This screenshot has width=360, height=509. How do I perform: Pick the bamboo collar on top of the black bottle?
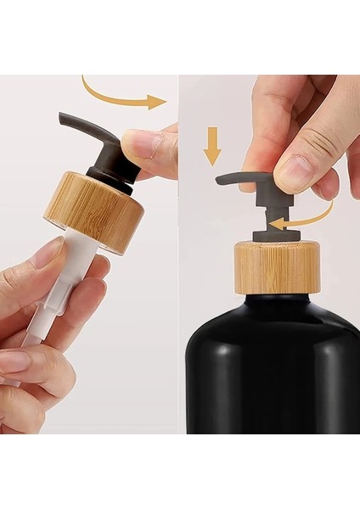tap(277, 266)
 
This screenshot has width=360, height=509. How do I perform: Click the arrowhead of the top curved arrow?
tap(158, 103)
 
